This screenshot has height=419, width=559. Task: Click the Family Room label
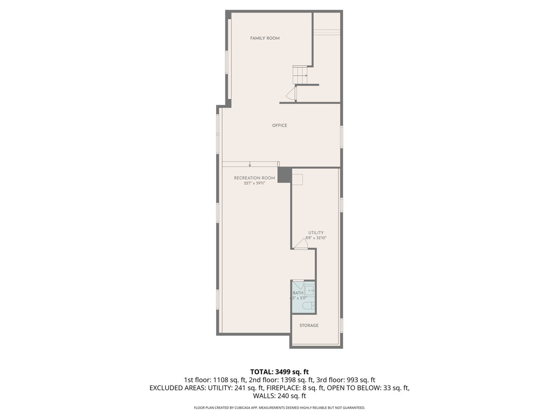coord(265,38)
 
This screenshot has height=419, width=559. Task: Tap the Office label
coord(279,125)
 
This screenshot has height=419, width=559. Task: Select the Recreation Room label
coord(254,178)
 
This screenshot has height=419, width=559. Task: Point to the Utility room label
coord(315,233)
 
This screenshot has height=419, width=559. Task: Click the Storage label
coord(309,325)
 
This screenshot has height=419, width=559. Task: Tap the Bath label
coord(298,293)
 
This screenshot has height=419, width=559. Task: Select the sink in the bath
coord(311,289)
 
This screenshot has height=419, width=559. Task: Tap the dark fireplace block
coord(284,175)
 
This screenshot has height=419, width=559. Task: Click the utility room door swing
coord(301,244)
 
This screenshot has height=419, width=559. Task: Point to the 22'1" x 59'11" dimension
coord(254,183)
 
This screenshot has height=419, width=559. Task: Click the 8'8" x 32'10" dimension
coord(315,238)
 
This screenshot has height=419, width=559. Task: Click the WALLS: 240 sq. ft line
coord(279,396)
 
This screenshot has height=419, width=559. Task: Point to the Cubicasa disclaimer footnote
coord(279,408)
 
